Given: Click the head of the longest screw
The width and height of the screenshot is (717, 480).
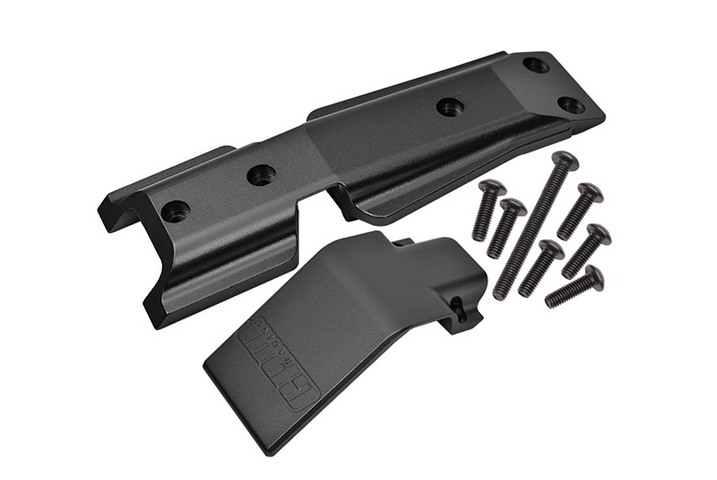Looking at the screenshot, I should (x=565, y=162).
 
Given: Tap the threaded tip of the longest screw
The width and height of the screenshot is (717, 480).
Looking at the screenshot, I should (x=499, y=292).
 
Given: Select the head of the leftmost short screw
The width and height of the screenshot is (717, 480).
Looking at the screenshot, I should (x=492, y=188).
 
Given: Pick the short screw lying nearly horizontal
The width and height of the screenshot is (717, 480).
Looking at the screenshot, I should (x=574, y=288).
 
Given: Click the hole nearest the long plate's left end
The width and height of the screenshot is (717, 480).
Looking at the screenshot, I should (x=175, y=212).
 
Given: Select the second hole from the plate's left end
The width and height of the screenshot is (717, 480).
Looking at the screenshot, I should (x=261, y=175).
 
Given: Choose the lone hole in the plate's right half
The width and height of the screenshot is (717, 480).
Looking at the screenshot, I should (x=450, y=107).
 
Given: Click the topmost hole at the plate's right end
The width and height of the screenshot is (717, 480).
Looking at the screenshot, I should (x=536, y=65).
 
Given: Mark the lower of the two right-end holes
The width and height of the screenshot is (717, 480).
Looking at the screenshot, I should (x=571, y=105).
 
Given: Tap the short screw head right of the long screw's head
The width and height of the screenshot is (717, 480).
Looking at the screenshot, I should (x=589, y=191).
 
